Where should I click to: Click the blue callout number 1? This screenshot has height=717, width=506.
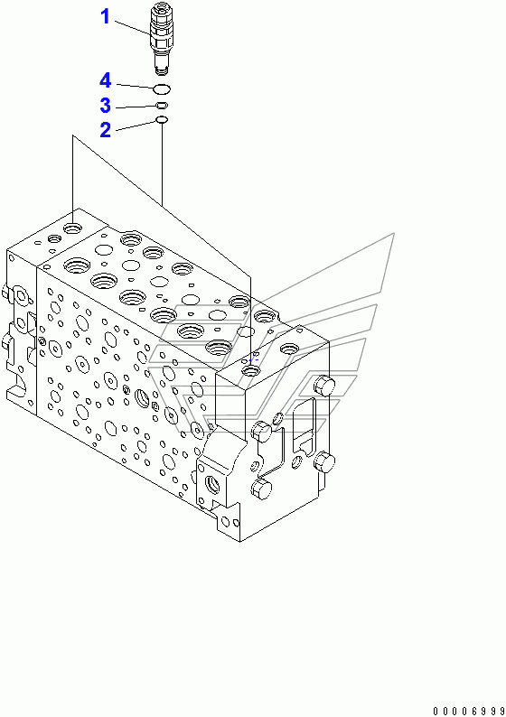[105, 16]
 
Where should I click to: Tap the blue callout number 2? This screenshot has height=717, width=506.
[105, 130]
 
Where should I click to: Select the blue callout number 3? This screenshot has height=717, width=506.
[105, 105]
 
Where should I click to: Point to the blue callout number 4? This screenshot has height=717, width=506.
[105, 80]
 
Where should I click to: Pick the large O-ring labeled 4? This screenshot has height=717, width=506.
[162, 88]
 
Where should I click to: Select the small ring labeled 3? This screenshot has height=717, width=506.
[162, 106]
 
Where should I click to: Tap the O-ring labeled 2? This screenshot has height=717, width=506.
[162, 120]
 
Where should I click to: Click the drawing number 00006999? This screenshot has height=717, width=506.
[468, 711]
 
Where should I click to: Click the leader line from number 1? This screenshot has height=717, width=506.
[132, 27]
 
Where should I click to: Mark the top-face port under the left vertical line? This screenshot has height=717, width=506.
[72, 227]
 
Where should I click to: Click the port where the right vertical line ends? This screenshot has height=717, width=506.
[250, 369]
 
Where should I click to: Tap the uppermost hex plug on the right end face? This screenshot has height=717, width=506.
[324, 385]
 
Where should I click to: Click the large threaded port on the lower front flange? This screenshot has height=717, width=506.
[213, 483]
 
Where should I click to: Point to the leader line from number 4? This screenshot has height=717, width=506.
[135, 86]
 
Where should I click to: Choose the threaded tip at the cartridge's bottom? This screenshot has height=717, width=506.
[162, 70]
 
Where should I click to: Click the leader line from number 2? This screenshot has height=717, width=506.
[136, 126]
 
